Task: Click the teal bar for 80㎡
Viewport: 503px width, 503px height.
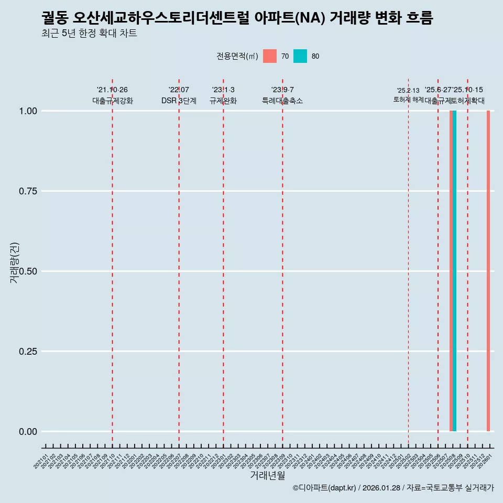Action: [455, 271]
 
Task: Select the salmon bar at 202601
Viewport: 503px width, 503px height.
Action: [488, 271]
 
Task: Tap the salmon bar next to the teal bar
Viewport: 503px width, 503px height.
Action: [451, 271]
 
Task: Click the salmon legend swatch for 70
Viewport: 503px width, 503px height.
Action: [270, 56]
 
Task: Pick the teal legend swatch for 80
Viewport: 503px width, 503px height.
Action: [300, 56]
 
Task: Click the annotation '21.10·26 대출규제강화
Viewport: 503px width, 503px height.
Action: [113, 95]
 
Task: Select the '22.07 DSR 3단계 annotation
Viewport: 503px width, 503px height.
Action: [179, 95]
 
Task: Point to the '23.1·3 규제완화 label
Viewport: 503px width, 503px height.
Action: [223, 95]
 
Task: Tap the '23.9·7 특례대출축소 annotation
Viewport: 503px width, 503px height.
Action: [282, 95]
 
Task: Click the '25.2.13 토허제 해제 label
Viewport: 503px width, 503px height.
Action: [408, 95]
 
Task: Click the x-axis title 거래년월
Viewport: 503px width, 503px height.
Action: [268, 475]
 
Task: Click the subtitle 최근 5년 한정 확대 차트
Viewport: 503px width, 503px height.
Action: [89, 34]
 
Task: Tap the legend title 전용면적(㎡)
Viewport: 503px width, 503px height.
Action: [237, 56]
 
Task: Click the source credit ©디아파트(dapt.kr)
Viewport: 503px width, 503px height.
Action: [324, 488]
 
